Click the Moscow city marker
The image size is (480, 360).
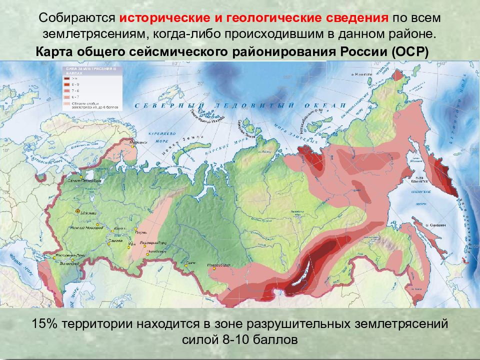(x=77, y=211)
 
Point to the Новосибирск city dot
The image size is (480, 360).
(x=213, y=268)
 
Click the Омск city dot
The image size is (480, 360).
(x=185, y=265)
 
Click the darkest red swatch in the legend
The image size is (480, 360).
(x=67, y=78)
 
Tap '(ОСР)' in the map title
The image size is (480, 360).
(x=410, y=53)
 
